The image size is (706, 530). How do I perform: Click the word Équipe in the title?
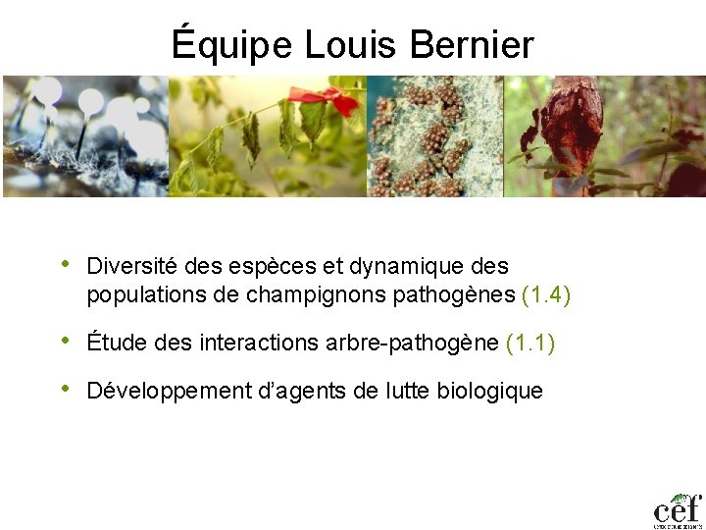(231, 45)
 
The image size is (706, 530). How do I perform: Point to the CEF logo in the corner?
(678, 508)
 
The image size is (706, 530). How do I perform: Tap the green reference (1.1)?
(530, 343)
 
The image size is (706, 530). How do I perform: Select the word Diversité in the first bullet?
(129, 266)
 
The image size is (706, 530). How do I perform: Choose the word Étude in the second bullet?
(113, 343)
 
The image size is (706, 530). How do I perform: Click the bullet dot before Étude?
(65, 341)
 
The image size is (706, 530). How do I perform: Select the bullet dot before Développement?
(65, 389)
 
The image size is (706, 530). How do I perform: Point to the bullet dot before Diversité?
(65, 264)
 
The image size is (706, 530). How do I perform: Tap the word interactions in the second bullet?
(257, 343)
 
